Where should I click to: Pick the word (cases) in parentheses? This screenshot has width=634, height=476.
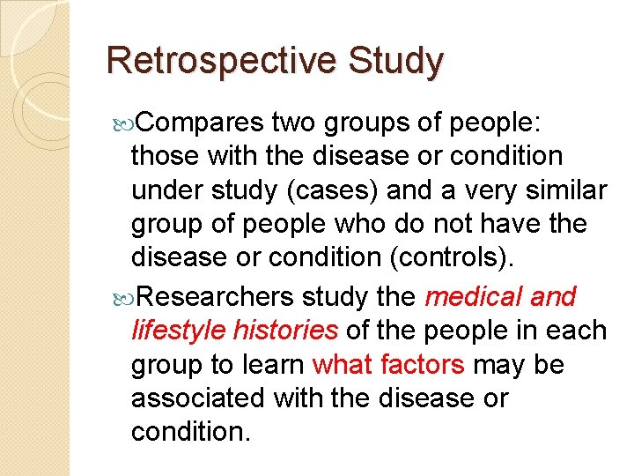(350, 190)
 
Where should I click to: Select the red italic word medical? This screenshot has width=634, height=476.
(474, 297)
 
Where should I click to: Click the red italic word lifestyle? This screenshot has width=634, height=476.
(177, 331)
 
